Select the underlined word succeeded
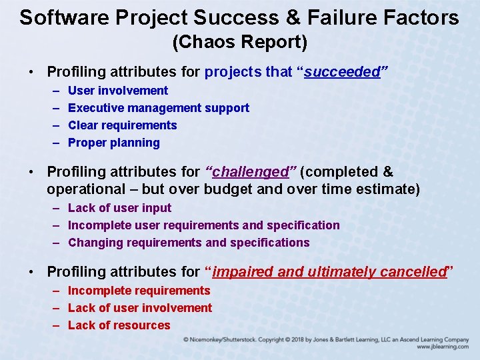(x=341, y=72)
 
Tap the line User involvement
(x=118, y=91)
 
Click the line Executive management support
(x=159, y=108)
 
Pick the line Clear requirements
(x=123, y=125)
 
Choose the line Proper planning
(x=114, y=143)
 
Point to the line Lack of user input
(x=119, y=208)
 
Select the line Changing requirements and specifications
(x=189, y=243)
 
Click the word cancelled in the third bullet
(x=413, y=272)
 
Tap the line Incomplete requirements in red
(x=139, y=291)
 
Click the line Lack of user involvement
(x=140, y=308)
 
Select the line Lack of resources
(x=119, y=325)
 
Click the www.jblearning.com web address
(x=443, y=347)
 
